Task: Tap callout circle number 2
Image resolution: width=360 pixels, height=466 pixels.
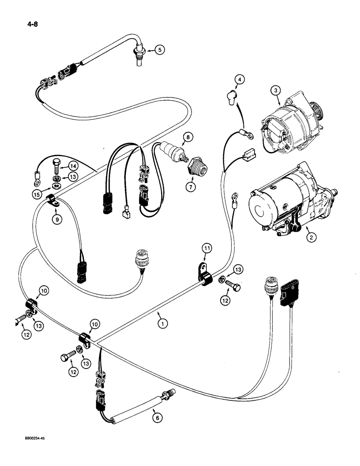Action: click(311, 237)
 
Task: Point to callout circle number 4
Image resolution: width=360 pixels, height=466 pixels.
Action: click(239, 80)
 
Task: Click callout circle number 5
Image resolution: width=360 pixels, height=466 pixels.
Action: click(159, 50)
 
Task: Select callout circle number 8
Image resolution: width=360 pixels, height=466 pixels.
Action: click(187, 137)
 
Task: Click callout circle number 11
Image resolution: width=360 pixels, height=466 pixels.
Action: click(207, 248)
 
